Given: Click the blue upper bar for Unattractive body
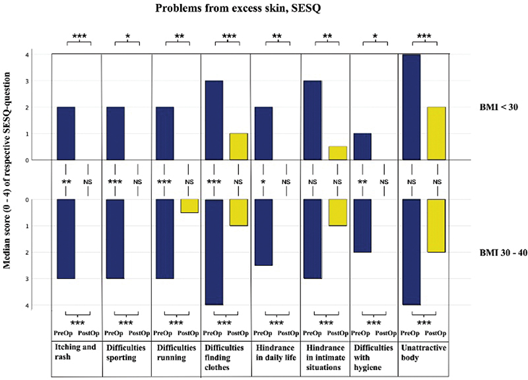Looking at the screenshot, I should (x=411, y=107).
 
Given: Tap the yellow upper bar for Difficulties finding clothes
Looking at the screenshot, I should (x=238, y=146).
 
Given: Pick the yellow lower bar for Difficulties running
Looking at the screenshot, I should (x=189, y=206).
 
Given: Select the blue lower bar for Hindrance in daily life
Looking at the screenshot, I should (x=264, y=232).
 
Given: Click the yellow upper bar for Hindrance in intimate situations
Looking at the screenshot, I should (x=338, y=153).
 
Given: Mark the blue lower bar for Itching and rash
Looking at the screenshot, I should (x=65, y=239).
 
